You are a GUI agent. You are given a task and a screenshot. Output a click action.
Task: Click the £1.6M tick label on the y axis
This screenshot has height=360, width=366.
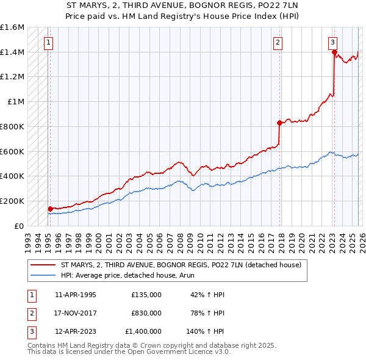[12, 27]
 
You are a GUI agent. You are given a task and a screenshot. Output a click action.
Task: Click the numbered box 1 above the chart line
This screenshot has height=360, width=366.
[48, 43]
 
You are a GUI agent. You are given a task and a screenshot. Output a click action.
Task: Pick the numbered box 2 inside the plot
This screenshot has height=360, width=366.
[278, 43]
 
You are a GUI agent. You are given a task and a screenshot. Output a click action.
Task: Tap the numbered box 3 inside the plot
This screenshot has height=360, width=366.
[332, 43]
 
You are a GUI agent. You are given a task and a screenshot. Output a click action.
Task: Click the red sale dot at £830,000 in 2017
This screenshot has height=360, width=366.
[279, 123]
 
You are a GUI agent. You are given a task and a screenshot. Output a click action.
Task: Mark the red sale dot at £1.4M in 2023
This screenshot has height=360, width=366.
[334, 52]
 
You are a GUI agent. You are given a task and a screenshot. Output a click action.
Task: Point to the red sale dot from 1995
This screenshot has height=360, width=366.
[49, 209]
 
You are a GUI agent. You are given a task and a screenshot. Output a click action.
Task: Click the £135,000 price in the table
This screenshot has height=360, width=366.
[146, 295]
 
